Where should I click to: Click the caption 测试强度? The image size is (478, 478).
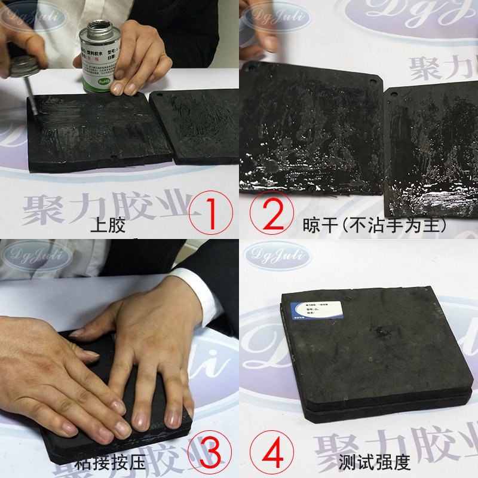pyautogui.click(x=366, y=461)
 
